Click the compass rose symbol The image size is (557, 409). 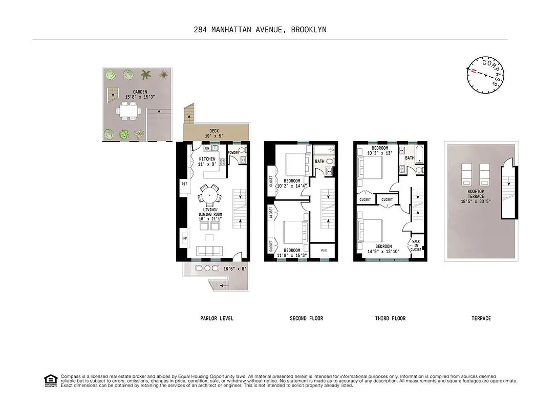(484, 75)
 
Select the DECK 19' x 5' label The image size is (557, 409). (214, 134)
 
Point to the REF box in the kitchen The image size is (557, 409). (184, 185)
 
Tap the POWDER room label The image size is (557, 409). (233, 152)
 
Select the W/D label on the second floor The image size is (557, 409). (324, 251)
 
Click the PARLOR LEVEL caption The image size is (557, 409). (217, 319)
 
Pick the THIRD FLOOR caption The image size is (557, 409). (390, 319)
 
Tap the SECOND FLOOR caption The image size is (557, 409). (306, 319)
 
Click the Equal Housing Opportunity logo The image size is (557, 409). (51, 380)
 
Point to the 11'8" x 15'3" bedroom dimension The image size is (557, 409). (292, 255)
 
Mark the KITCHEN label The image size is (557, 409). (207, 159)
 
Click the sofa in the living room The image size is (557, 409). (210, 251)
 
